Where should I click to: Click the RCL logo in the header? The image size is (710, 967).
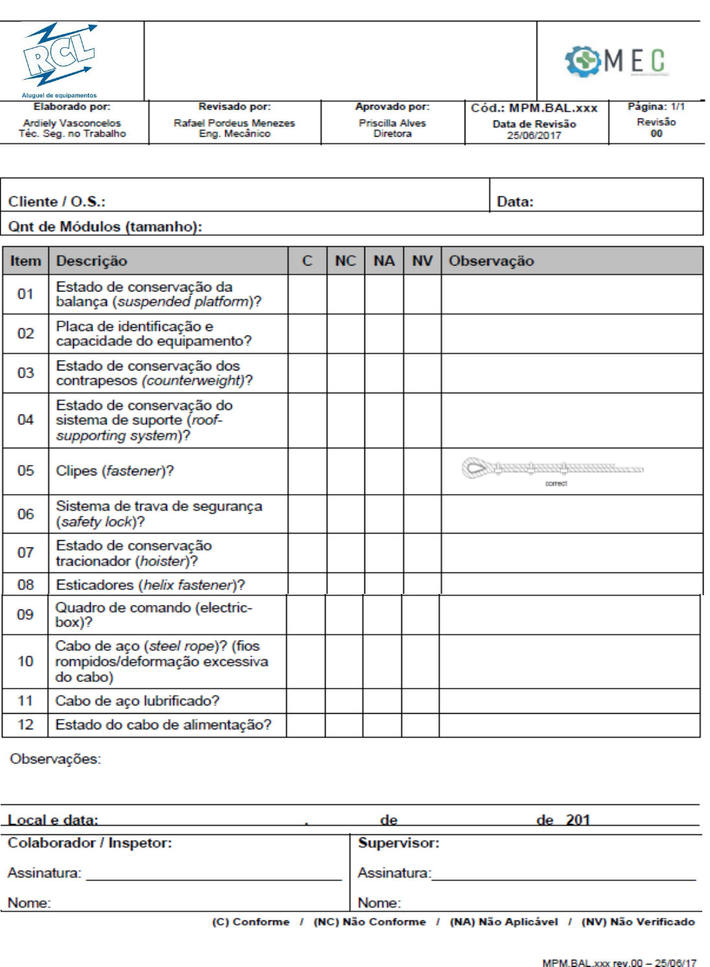[x=60, y=57]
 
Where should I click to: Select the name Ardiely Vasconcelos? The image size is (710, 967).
[x=72, y=122]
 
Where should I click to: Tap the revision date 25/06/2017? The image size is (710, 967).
[x=533, y=135]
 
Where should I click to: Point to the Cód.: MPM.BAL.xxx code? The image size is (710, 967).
[x=534, y=108]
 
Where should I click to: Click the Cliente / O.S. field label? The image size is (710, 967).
[x=57, y=201]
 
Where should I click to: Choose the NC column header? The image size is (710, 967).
[x=346, y=261]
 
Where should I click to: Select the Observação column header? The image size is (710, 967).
[x=491, y=261]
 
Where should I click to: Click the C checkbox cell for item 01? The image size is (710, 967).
[x=307, y=295]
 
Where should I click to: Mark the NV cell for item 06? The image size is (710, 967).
[x=422, y=514]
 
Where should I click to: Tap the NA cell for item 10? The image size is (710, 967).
[x=382, y=661]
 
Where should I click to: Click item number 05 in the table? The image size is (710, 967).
[x=26, y=471]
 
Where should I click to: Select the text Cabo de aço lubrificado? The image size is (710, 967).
[x=137, y=701]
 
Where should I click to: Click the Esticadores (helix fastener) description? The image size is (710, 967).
[x=150, y=585]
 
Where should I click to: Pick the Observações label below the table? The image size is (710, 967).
[x=55, y=758]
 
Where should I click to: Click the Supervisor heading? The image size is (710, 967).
[x=399, y=843]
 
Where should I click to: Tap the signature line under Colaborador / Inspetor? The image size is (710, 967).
[x=214, y=878]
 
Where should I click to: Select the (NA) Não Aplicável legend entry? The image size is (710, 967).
[x=504, y=922]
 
